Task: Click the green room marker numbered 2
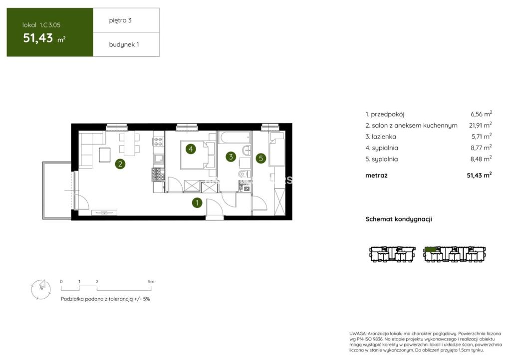120,164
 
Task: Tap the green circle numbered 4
191,149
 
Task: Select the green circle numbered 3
231,157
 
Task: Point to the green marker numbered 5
260,159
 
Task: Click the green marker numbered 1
197,203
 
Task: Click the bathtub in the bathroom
235,137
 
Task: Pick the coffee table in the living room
104,155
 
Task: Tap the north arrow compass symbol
41,289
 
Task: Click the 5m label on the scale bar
151,282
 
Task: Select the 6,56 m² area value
481,114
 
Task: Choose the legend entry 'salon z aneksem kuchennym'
415,125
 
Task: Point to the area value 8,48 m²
481,159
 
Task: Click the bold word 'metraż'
376,176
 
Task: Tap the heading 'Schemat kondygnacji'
399,219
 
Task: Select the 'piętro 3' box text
120,20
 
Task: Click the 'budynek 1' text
124,44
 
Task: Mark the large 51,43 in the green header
38,38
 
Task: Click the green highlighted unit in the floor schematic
431,250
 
